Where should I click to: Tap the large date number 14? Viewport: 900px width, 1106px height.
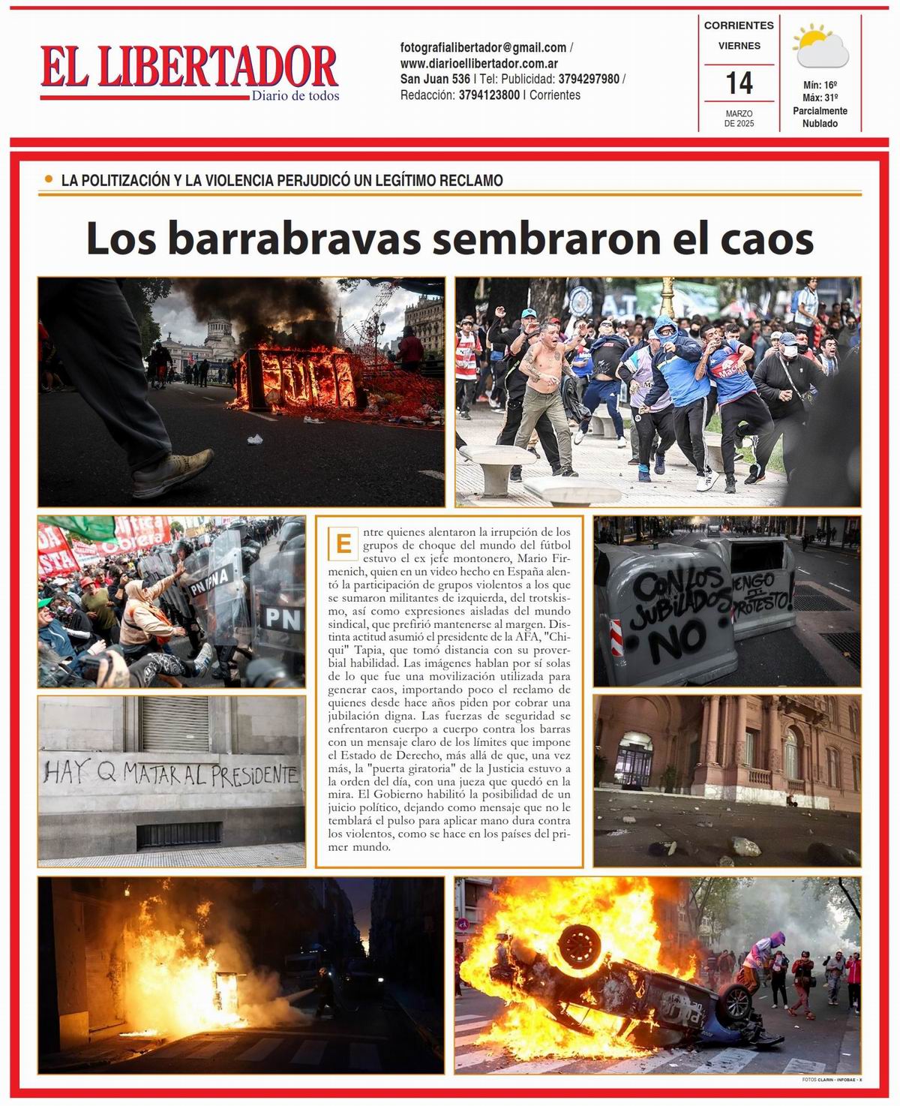pyautogui.click(x=739, y=83)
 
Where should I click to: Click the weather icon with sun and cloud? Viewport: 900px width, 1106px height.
pyautogui.click(x=820, y=47)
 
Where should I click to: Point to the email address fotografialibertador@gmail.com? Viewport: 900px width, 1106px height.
pyautogui.click(x=483, y=47)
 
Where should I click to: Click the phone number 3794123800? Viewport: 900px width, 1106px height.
pyautogui.click(x=489, y=95)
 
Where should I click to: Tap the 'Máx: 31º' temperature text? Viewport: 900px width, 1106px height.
pyautogui.click(x=820, y=98)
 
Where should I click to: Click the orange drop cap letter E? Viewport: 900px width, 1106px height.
pyautogui.click(x=343, y=543)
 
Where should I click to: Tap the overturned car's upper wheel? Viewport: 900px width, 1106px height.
pyautogui.click(x=580, y=947)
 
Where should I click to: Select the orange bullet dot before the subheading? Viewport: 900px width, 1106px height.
pyautogui.click(x=49, y=179)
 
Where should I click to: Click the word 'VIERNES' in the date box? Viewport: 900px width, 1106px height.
pyautogui.click(x=739, y=46)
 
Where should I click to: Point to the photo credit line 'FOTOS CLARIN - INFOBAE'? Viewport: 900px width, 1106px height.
pyautogui.click(x=831, y=1080)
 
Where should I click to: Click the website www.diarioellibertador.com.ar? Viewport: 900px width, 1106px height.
pyautogui.click(x=478, y=64)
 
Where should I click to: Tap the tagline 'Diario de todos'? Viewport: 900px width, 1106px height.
pyautogui.click(x=295, y=96)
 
